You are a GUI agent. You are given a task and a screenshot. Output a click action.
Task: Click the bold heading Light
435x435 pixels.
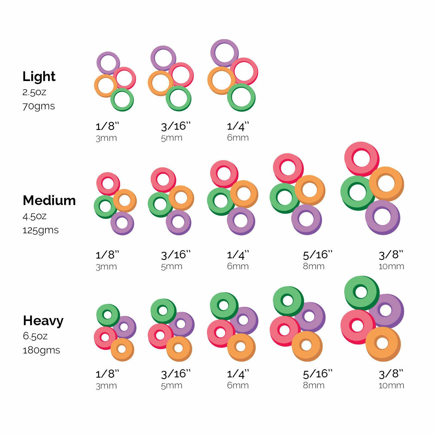[39, 76]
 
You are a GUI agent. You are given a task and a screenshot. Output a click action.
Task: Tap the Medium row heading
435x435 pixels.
[49, 200]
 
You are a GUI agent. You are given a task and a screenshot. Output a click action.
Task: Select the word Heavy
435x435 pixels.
[43, 321]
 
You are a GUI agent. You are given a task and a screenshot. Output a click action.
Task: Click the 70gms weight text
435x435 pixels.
[39, 106]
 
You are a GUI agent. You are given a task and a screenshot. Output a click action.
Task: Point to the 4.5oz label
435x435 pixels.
[35, 216]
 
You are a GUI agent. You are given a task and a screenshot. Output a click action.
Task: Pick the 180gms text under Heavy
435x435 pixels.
[41, 350]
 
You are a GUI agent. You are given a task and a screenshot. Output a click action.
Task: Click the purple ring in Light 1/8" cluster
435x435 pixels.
[108, 63]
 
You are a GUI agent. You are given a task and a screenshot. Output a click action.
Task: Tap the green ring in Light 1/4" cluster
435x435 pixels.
[241, 97]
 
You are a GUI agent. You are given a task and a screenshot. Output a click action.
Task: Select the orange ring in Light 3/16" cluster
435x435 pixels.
[160, 83]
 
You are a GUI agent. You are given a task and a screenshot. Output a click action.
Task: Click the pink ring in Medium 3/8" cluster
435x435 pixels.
[362, 159]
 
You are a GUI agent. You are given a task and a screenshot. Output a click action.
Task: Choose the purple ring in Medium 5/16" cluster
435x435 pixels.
[306, 219]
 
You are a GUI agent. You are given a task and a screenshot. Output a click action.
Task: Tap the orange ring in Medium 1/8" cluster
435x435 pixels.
[125, 201]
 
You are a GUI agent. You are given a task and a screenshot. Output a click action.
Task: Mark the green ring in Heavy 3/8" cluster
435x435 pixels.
[362, 293]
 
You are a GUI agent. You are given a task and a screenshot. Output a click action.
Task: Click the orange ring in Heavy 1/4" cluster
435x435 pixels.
[241, 347]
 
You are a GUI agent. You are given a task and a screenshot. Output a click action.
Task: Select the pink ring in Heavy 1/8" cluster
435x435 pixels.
[105, 338]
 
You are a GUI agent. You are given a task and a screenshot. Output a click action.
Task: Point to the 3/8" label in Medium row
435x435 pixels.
[391, 255]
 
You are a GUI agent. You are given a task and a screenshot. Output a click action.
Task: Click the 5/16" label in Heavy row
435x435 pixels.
[318, 374]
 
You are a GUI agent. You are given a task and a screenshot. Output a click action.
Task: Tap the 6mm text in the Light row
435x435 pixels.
[238, 138]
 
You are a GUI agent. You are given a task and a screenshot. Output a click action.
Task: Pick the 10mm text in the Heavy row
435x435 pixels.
[391, 386]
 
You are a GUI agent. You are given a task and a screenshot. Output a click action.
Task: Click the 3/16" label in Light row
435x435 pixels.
[176, 126]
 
